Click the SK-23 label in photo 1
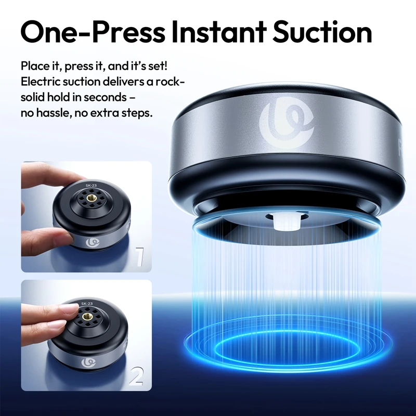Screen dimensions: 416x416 click(x=92, y=185)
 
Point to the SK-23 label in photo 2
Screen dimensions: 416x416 click(x=86, y=303)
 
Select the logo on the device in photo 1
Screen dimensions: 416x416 click(x=95, y=242)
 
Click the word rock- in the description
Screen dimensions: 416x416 click(x=170, y=82)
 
